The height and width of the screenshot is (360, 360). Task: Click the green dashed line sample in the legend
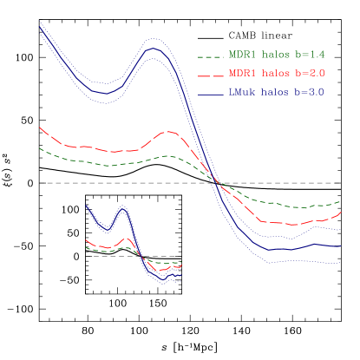pos(211,56)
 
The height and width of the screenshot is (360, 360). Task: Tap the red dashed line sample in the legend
pos(211,74)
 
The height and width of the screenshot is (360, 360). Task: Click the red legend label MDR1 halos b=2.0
pos(276,73)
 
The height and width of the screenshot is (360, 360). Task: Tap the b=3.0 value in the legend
pos(310,91)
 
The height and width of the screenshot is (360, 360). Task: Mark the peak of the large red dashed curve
pos(169,132)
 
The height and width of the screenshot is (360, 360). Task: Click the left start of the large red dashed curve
pos(40,128)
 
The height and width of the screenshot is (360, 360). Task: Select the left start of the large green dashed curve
pos(40,148)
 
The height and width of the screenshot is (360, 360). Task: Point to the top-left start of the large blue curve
pos(40,27)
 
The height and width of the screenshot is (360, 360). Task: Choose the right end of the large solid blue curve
pos(339,246)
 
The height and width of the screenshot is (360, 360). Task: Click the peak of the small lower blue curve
pos(123,208)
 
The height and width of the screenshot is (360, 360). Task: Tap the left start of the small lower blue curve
pos(87,206)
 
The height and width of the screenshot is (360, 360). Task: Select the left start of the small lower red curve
pos(86,240)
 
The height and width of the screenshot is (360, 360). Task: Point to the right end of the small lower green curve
pos(181,262)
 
